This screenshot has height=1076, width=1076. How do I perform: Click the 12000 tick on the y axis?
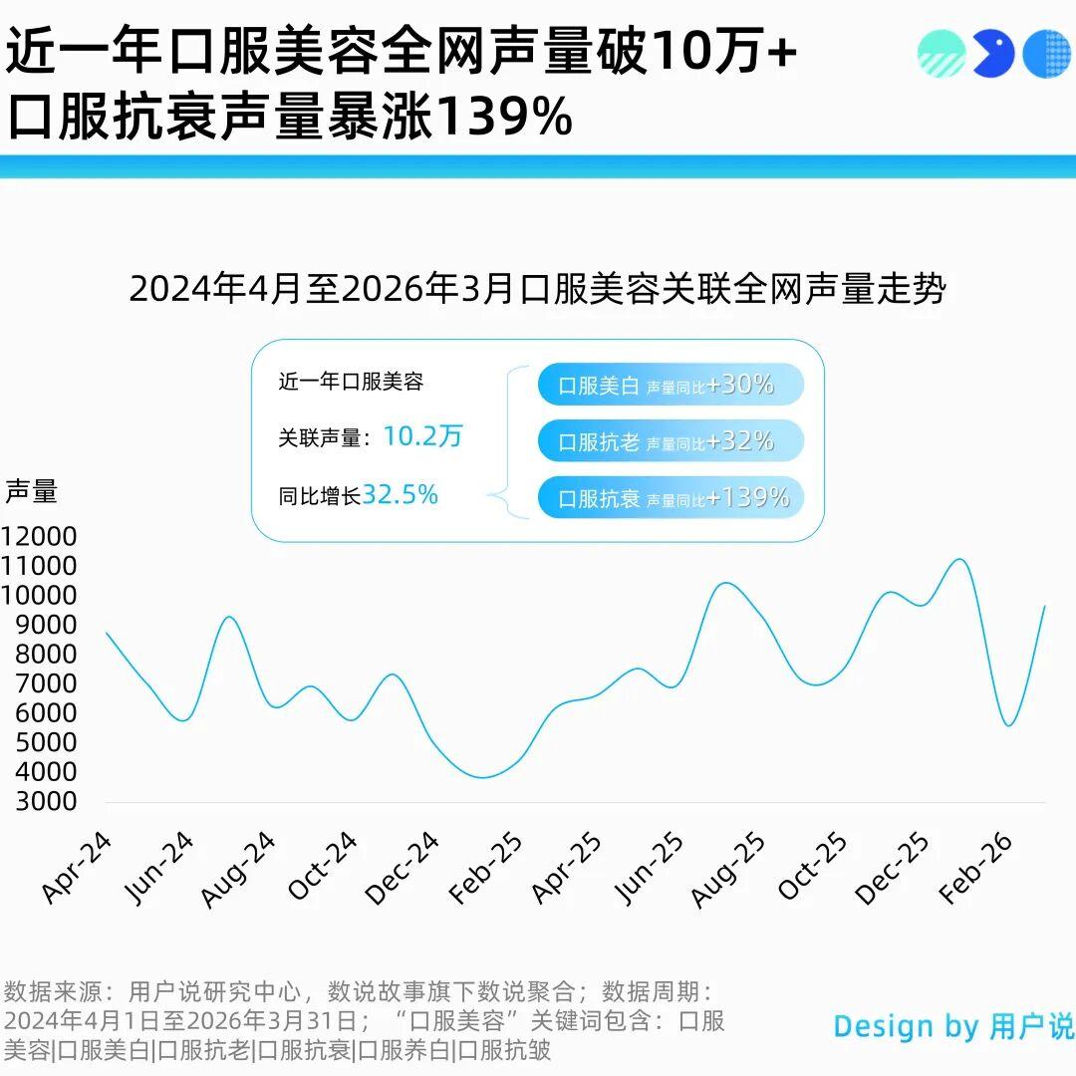[x=40, y=537]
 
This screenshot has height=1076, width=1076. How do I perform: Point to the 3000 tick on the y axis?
[x=40, y=801]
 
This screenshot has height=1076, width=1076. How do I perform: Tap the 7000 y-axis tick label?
[x=40, y=683]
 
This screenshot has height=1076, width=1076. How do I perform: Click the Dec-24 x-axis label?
[x=403, y=869]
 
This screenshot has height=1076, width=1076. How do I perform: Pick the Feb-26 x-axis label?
[x=976, y=869]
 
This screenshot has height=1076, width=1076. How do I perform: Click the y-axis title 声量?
[x=31, y=491]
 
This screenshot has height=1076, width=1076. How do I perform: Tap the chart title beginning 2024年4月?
[x=538, y=289]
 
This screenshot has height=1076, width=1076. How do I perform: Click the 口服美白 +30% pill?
[x=670, y=386]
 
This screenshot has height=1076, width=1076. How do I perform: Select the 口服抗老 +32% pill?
[x=670, y=441]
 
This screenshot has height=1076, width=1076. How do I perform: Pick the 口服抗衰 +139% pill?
[x=670, y=498]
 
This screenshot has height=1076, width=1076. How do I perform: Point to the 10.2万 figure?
[x=423, y=436]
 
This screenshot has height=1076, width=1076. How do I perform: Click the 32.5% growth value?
[x=400, y=495]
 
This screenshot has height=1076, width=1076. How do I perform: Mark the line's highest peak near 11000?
[x=959, y=559]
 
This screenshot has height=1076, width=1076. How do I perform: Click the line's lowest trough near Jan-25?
[x=484, y=777]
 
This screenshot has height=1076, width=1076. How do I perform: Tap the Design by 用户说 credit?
[x=953, y=1026]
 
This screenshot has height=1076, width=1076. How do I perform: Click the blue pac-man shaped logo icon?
[x=993, y=54]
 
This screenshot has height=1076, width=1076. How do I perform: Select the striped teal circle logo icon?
[x=941, y=54]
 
